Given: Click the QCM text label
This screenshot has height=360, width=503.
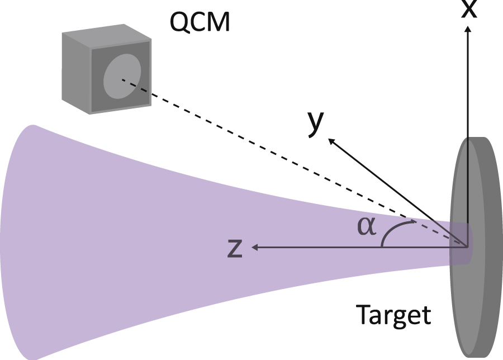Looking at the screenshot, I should coord(199,23).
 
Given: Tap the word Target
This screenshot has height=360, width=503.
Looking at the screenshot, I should coord(393,315).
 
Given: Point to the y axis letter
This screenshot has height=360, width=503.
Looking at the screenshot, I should coord(315,124).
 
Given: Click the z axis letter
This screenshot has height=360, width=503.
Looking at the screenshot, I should coord(235,249).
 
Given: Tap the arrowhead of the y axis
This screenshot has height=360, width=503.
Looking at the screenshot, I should coord(331,141).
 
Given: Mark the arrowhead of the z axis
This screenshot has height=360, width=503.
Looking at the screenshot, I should coord(255,247).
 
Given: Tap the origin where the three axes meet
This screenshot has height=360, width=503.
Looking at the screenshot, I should coord(467,245).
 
